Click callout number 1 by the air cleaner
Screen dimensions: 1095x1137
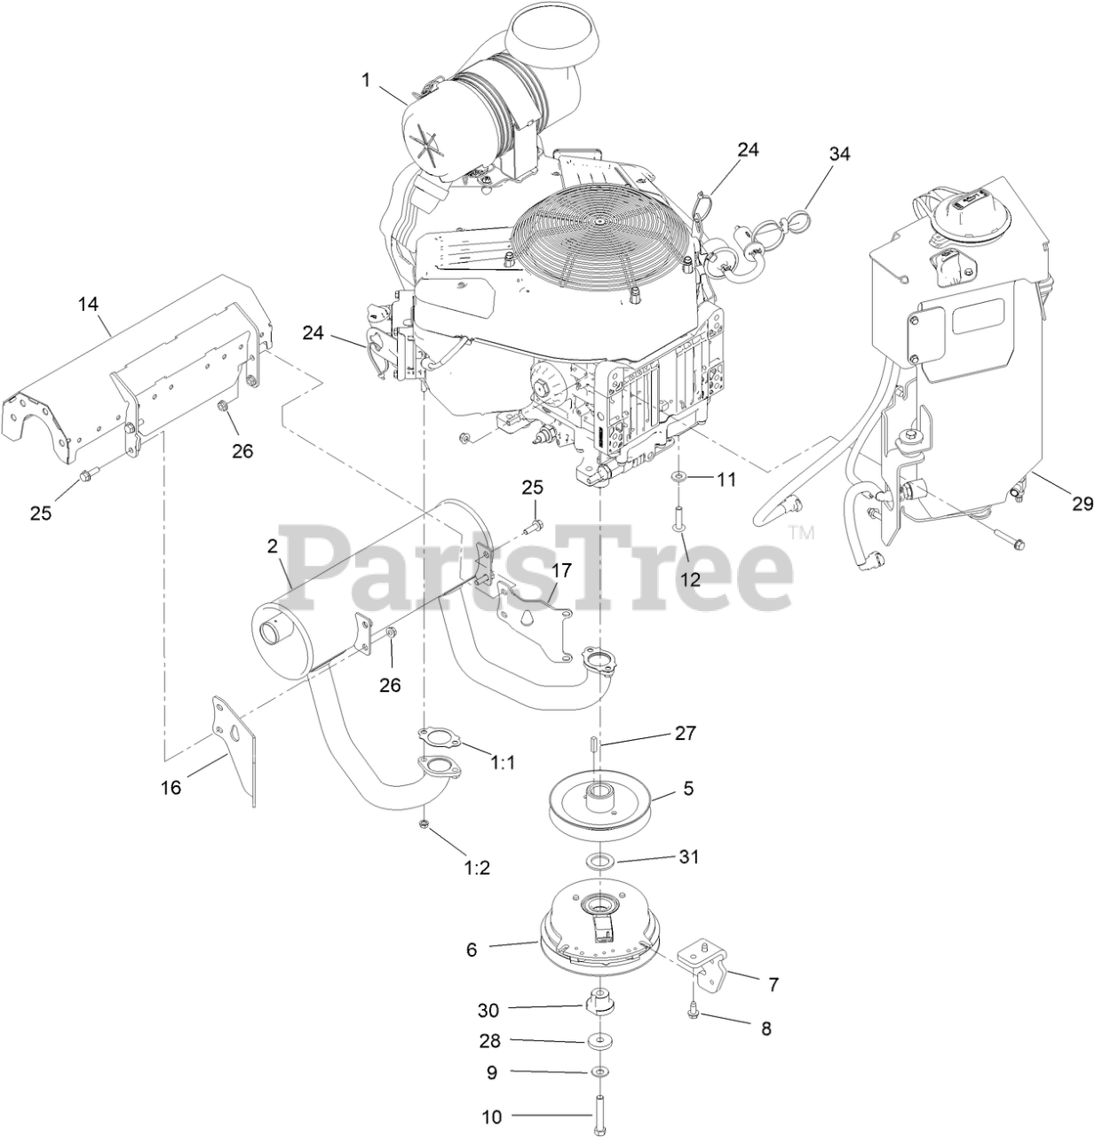coord(366,80)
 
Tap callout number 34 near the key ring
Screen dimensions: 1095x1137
coord(839,155)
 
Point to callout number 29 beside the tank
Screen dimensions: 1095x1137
coord(1082,504)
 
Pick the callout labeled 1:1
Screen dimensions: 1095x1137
coord(503,761)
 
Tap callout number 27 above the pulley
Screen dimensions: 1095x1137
coord(685,734)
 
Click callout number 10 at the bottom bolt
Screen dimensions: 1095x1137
coord(493,1117)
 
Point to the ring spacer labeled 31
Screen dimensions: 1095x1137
coord(603,860)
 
